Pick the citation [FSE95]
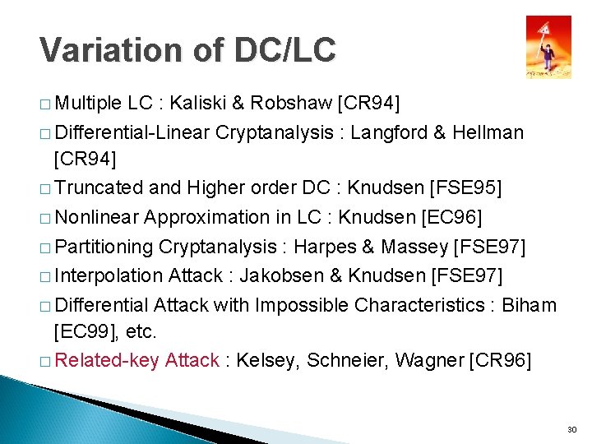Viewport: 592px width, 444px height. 465,187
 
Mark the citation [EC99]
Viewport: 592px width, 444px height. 82,332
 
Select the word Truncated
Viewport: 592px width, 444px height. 99,187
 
